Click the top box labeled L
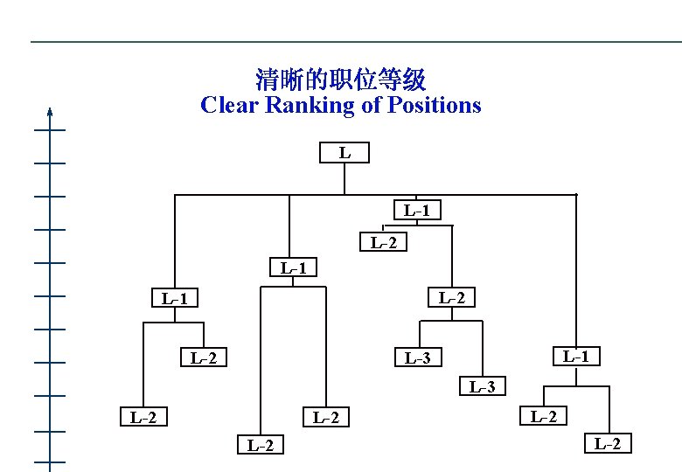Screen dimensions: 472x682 (344, 153)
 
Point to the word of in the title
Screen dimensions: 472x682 (368, 106)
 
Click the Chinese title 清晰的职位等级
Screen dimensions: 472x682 (340, 81)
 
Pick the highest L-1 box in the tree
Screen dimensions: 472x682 (416, 210)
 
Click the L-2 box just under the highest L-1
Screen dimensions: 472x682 (383, 242)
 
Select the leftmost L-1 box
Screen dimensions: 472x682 (175, 299)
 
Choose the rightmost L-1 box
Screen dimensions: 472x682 (575, 356)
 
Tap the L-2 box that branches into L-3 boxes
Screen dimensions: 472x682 (451, 298)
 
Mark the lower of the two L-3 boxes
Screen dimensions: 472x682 (482, 386)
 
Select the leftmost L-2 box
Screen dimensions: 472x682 (143, 417)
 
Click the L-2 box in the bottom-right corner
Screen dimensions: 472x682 (608, 444)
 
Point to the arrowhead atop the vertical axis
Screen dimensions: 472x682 (51, 111)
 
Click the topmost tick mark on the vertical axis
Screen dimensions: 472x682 (51, 130)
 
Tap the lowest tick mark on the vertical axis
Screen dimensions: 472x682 (51, 462)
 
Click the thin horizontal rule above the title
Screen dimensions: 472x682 (350, 42)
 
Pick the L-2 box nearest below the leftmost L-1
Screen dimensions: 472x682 (203, 357)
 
